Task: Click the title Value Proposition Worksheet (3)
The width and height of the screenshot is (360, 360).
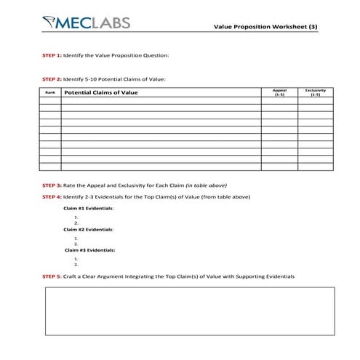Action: (x=265, y=26)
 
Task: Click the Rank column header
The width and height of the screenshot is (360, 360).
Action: (x=49, y=92)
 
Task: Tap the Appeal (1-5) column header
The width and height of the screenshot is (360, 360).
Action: (x=279, y=92)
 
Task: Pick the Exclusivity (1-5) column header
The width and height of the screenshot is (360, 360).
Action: (x=315, y=92)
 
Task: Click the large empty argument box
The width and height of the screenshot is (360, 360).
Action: (x=190, y=311)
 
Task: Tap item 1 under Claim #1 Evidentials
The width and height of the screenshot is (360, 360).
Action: (x=76, y=217)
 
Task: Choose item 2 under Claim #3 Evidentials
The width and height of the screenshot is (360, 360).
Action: (x=76, y=265)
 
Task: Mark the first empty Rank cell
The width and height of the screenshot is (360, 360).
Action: (x=49, y=101)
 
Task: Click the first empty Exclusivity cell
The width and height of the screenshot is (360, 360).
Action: (x=315, y=101)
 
